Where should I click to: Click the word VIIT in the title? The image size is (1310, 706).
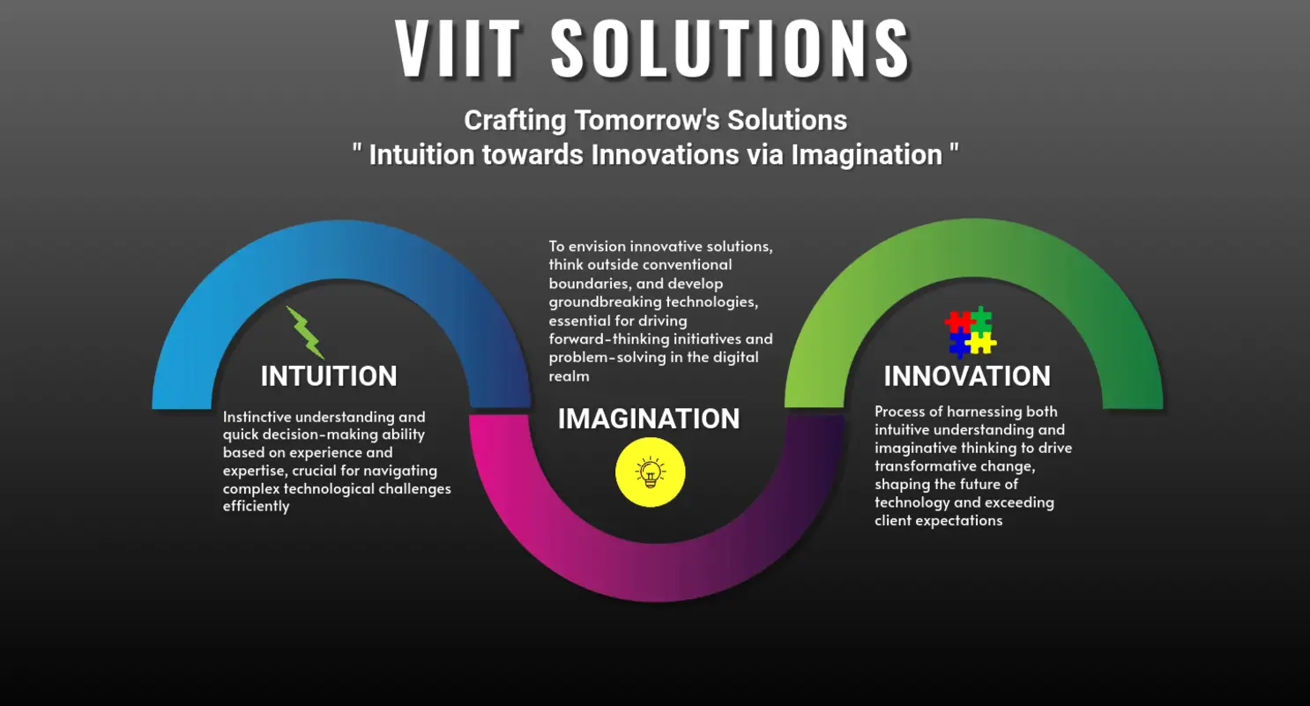coord(458,48)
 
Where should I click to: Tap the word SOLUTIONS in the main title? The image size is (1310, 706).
coord(731,48)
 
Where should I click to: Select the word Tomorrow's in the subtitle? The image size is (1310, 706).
coord(647,121)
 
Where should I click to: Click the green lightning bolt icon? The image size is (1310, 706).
coord(305,332)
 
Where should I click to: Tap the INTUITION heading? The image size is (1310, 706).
coord(329,376)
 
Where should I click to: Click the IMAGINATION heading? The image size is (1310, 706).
coord(649,419)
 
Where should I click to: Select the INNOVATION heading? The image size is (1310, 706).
coord(967,376)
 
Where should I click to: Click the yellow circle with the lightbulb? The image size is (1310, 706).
coord(651,472)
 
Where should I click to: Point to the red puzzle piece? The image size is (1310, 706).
coord(958,321)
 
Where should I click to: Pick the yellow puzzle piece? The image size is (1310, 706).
coord(982,343)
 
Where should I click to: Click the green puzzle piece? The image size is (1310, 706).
coord(981,319)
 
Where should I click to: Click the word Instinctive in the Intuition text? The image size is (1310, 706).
coord(258,417)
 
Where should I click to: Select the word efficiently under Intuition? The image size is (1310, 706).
coord(257,507)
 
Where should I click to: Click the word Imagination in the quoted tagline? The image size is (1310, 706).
coord(867,155)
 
